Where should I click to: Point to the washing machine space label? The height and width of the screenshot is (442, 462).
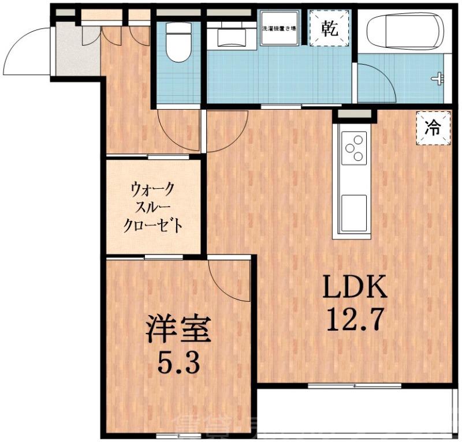click(x=279, y=28)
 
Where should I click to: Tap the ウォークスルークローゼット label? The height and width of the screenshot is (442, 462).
click(x=154, y=206)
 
